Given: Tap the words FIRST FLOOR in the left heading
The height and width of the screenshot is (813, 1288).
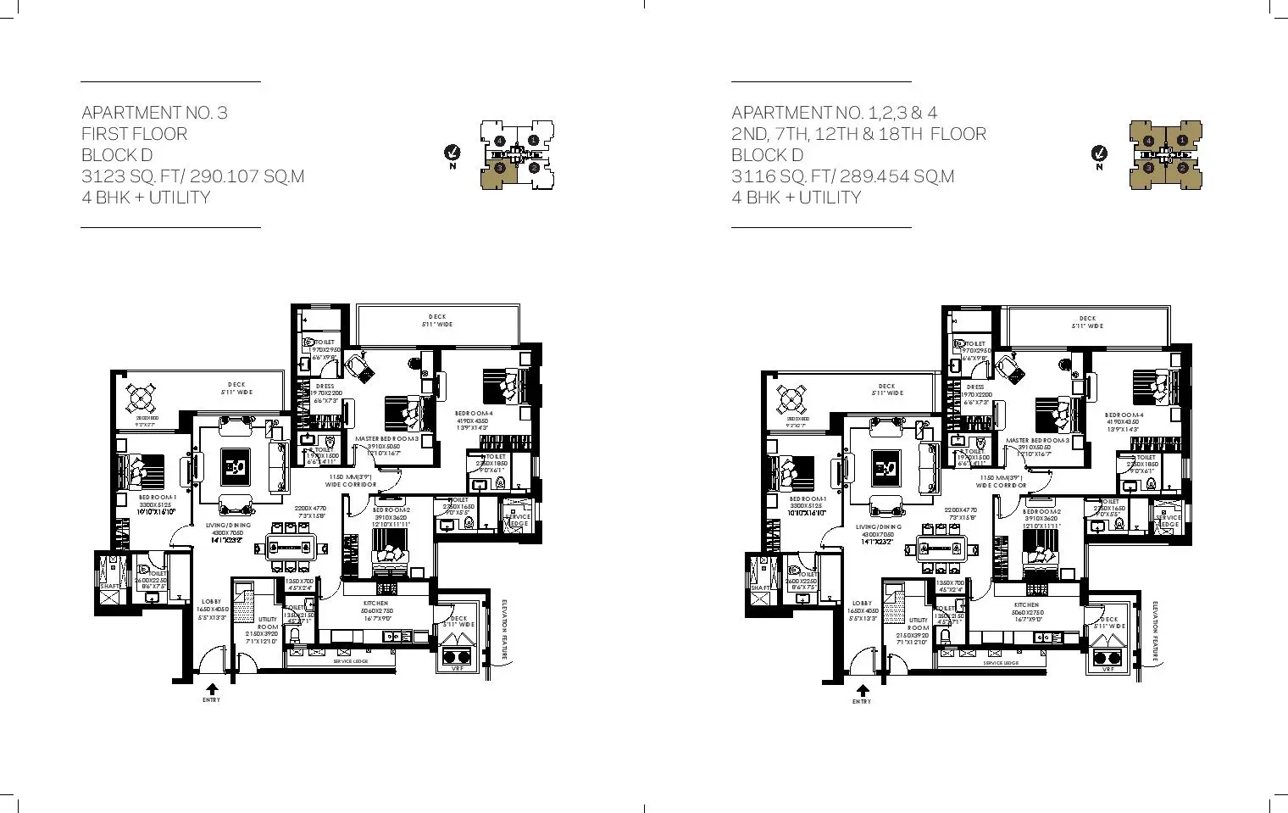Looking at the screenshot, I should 135,134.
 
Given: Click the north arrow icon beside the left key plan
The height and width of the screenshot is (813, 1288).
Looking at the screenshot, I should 452,153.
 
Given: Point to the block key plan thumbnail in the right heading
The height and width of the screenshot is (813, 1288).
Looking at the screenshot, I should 1165,153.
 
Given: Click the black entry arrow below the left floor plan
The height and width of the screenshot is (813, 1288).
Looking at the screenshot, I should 212,689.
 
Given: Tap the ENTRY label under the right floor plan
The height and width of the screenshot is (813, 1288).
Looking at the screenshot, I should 862,702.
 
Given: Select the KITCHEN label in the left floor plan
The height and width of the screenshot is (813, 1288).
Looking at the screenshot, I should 375,604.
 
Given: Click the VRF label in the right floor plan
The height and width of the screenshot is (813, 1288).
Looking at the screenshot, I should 1108,670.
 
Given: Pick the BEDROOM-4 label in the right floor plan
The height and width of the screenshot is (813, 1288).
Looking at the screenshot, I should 1124,415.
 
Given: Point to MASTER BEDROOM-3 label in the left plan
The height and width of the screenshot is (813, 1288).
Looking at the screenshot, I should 386,439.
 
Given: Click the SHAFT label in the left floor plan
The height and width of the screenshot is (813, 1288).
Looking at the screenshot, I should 109,586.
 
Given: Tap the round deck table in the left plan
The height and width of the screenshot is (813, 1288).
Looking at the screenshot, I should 141,397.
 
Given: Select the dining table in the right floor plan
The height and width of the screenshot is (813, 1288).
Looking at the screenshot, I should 941,547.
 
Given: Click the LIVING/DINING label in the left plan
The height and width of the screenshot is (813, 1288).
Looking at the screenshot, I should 228,526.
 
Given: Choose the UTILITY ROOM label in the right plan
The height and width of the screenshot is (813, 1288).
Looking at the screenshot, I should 919,624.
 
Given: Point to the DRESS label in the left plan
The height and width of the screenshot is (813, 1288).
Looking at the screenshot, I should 325,387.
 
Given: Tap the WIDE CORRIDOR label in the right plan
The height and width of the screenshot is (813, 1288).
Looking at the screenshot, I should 1001,486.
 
